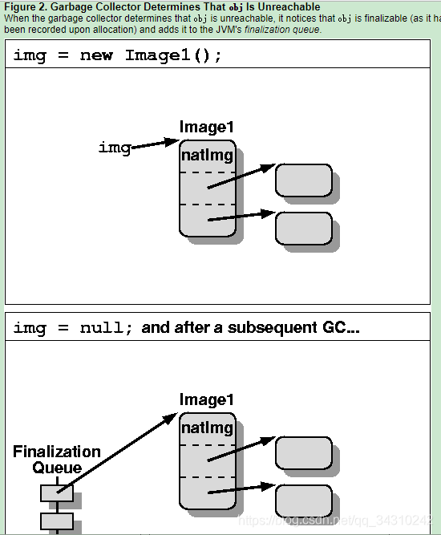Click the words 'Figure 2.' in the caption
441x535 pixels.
tap(24, 7)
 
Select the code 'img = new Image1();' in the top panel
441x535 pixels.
tap(117, 55)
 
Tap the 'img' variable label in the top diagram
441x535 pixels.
tap(114, 148)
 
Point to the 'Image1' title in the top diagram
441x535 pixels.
tap(207, 127)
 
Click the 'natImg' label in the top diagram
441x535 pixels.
tap(207, 156)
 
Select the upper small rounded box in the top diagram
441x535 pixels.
tap(303, 180)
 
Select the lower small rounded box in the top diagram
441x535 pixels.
tap(303, 228)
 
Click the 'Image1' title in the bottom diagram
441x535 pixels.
tap(207, 399)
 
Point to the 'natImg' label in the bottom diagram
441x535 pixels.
tap(207, 428)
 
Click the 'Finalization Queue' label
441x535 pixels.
tap(57, 460)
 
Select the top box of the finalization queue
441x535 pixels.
tap(57, 492)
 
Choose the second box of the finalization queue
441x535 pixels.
tap(57, 521)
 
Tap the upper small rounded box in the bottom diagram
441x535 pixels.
tap(303, 453)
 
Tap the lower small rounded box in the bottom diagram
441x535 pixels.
tap(303, 501)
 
